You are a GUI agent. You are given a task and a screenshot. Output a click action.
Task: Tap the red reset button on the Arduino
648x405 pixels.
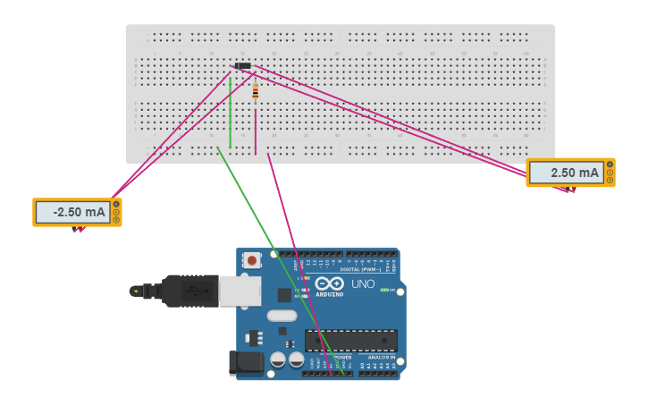pyautogui.click(x=252, y=261)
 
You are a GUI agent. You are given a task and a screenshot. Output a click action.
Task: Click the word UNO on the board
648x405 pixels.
pyautogui.click(x=362, y=283)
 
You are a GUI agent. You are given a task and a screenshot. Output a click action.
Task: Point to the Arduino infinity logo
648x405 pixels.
pyautogui.click(x=329, y=283)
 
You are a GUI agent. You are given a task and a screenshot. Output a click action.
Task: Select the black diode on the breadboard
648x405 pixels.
pyautogui.click(x=241, y=66)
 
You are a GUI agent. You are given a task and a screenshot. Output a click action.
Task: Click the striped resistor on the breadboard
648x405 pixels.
pyautogui.click(x=255, y=90)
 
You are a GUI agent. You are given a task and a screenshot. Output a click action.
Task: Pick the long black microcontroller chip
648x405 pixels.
pyautogui.click(x=350, y=340)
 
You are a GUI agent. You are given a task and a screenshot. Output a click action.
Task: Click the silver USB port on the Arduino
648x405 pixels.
pyautogui.click(x=240, y=291)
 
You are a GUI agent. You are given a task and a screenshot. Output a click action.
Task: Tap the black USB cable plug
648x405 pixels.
pyautogui.click(x=188, y=291)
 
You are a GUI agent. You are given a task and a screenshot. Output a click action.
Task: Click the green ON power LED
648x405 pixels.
pyautogui.click(x=384, y=290)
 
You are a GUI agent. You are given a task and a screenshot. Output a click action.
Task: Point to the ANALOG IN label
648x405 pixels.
pyautogui.click(x=382, y=357)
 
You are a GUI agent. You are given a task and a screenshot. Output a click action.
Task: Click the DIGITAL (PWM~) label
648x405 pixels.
pyautogui.click(x=360, y=268)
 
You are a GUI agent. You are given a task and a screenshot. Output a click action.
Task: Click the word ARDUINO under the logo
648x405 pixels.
pyautogui.click(x=329, y=294)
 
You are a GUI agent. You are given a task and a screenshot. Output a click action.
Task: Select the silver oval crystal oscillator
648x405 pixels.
pyautogui.click(x=281, y=316)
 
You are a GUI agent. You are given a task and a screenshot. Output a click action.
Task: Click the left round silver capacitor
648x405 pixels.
pyautogui.click(x=278, y=359)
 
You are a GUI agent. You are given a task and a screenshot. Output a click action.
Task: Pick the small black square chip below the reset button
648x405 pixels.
pyautogui.click(x=283, y=295)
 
